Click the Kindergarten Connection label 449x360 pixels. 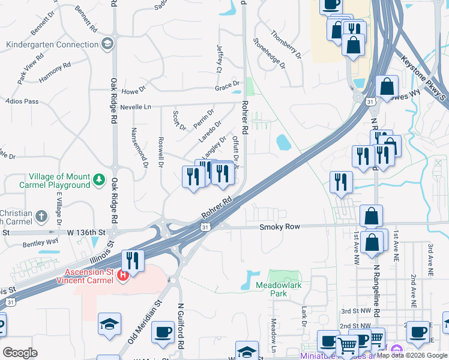52,44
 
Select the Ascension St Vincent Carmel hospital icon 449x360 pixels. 123,275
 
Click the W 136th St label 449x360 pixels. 85,232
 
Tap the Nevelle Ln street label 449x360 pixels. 136,107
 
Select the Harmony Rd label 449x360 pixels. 55,73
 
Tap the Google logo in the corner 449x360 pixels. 20,353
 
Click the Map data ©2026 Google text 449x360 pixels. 412,355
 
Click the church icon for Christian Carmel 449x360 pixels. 41,215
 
